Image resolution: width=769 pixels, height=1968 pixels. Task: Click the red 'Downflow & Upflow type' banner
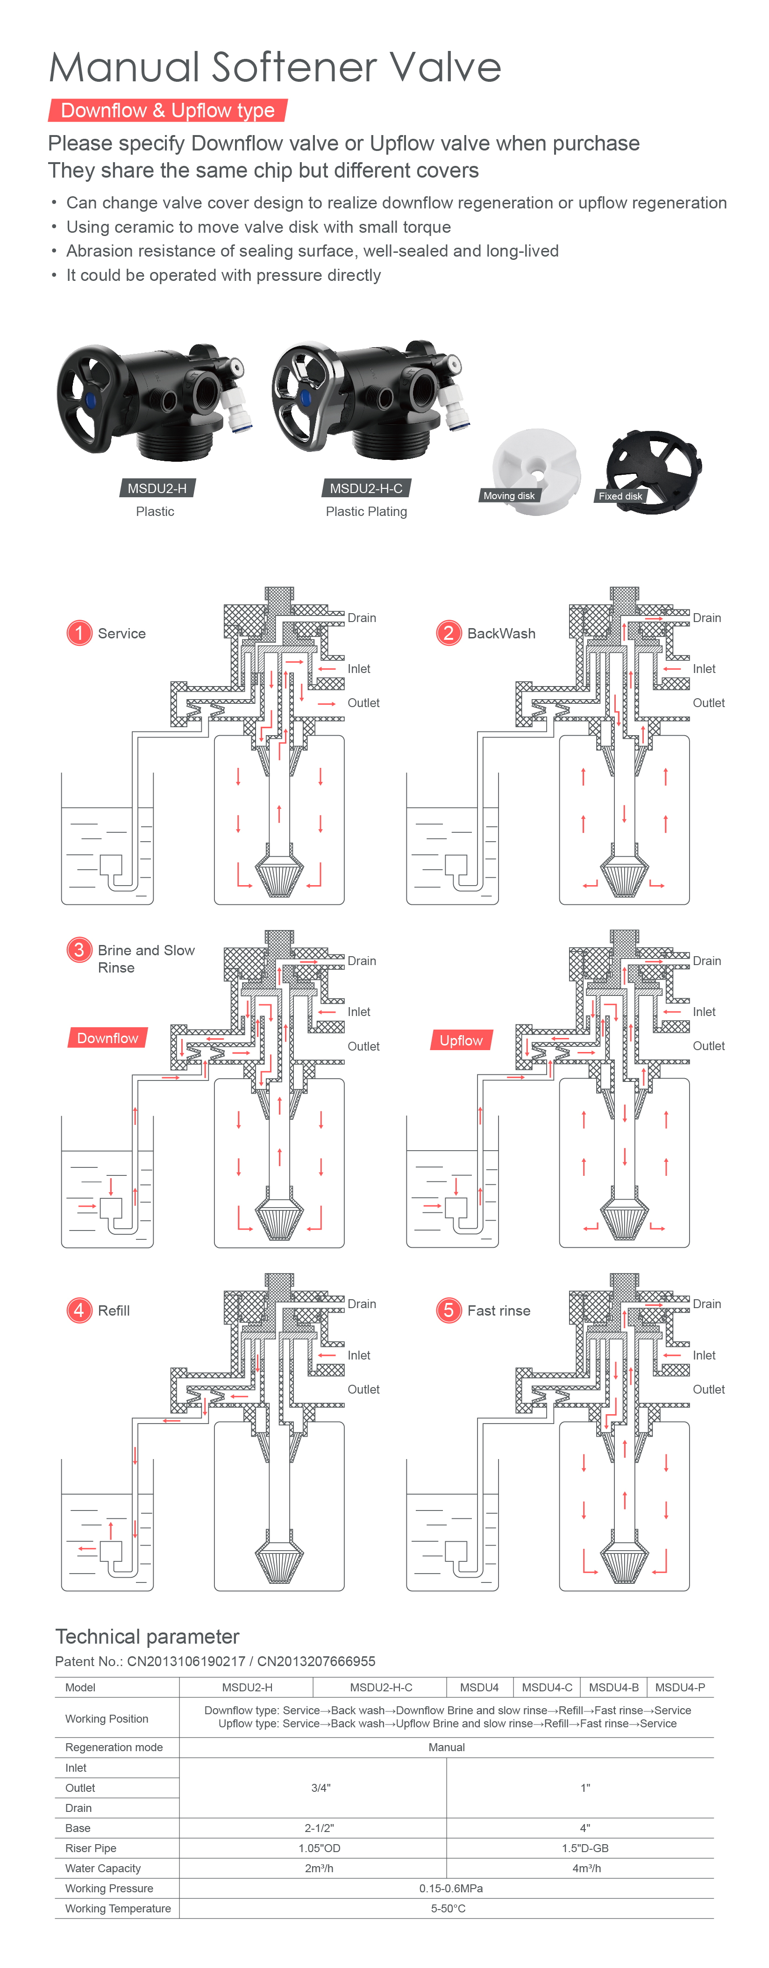167,111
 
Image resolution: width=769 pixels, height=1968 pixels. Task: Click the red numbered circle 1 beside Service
78,633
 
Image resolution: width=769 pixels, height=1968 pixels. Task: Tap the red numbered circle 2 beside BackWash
448,633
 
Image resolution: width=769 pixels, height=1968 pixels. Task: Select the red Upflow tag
461,1040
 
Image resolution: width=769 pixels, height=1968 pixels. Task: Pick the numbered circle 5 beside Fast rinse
448,1310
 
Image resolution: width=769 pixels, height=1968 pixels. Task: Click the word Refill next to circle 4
114,1310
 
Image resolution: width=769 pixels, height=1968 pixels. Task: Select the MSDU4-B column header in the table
613,1687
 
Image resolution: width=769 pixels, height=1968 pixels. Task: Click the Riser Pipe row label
91,1848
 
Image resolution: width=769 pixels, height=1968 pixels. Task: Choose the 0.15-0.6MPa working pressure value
450,1888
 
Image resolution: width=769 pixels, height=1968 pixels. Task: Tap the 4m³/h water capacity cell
586,1868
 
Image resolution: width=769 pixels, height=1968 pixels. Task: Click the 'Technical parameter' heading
147,1637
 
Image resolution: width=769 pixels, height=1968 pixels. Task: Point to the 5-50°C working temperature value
448,1908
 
